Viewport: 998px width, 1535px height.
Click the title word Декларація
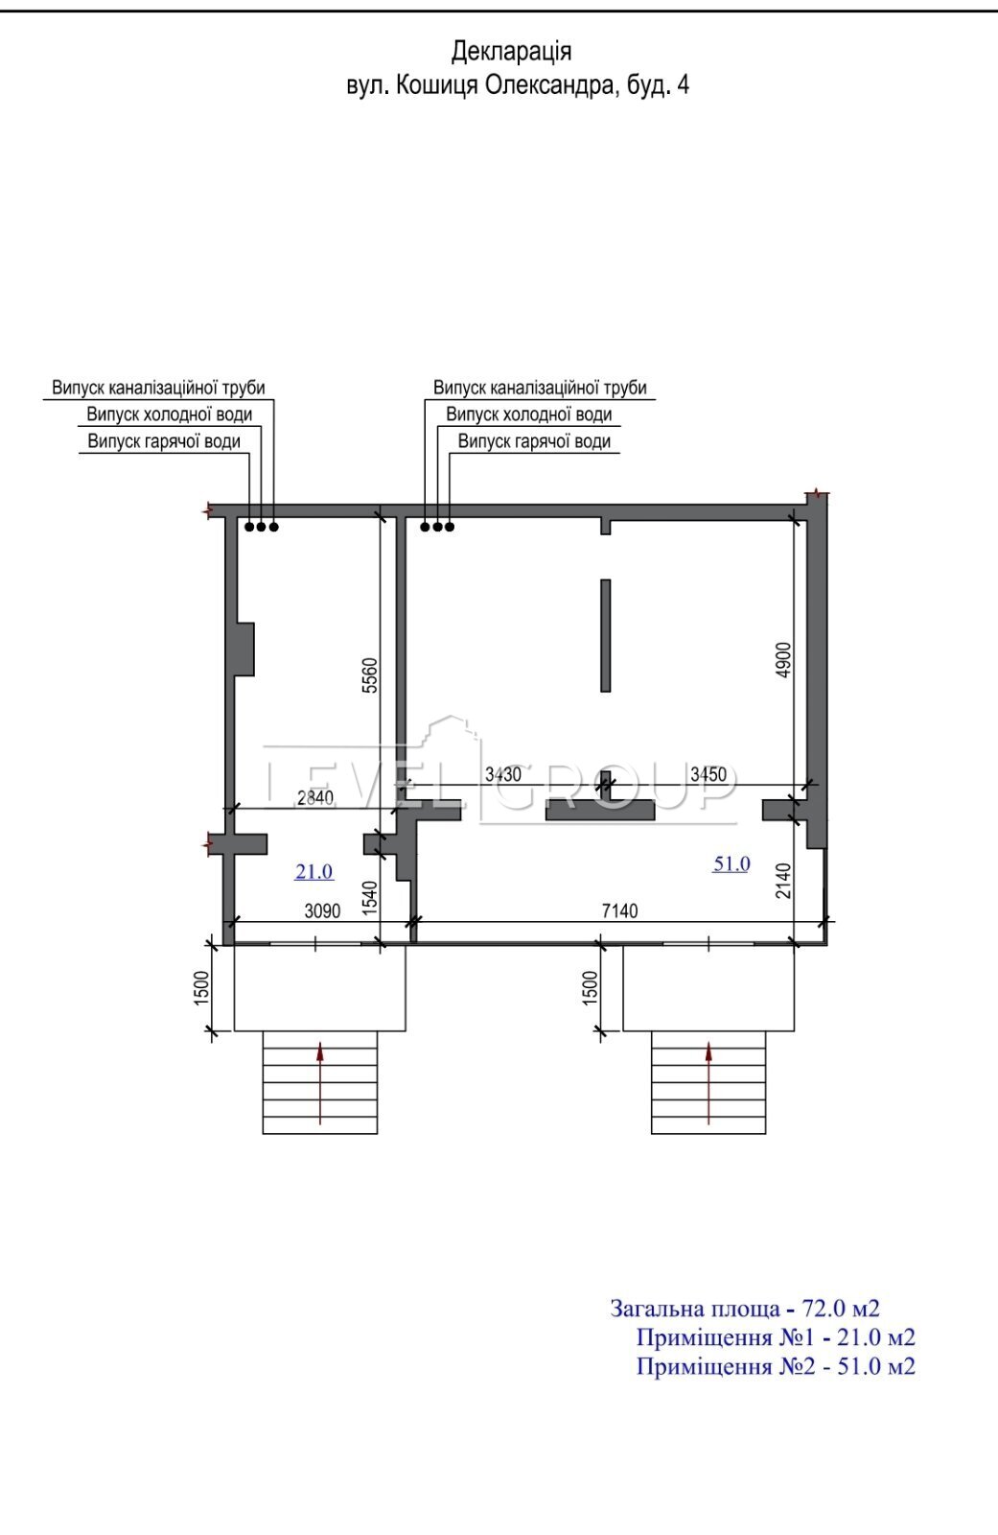[511, 52]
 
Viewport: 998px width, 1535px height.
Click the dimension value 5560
[370, 675]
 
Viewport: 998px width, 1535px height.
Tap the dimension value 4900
[783, 660]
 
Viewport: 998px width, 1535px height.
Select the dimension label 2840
[315, 797]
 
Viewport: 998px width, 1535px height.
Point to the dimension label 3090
[322, 910]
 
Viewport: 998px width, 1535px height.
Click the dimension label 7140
[619, 910]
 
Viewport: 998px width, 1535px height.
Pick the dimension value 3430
[502, 774]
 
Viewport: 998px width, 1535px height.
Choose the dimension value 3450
[708, 774]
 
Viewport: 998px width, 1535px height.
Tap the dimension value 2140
[783, 881]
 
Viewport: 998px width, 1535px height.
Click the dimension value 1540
[370, 898]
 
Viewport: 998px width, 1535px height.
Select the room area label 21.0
[314, 872]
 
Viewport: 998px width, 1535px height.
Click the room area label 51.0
[731, 864]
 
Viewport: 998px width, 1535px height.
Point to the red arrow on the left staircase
[320, 1083]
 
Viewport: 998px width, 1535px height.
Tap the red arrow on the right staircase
[708, 1083]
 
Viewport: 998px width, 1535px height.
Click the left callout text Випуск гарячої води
[164, 441]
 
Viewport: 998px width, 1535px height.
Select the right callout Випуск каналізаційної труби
[540, 388]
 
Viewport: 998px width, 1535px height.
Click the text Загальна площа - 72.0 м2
[745, 1309]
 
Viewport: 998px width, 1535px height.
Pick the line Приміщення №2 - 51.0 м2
[776, 1366]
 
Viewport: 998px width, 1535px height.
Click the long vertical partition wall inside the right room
[606, 635]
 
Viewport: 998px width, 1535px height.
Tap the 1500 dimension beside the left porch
[201, 987]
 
